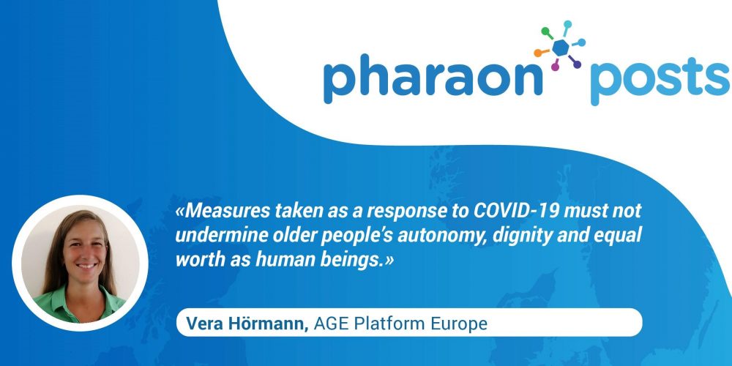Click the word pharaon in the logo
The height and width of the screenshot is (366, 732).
(433, 79)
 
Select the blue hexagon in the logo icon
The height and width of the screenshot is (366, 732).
(561, 48)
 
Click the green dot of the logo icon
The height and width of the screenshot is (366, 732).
(545, 31)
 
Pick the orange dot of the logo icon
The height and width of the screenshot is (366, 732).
(538, 53)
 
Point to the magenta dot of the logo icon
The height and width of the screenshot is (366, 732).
(555, 67)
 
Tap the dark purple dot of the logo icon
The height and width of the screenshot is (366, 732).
(577, 64)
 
